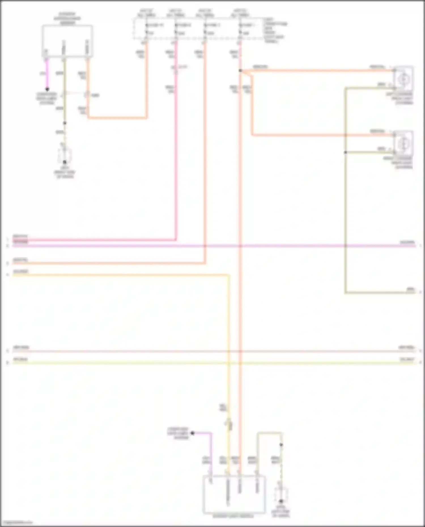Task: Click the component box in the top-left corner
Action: [67, 41]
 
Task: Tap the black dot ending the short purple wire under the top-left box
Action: [47, 89]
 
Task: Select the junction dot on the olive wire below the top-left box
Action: [65, 123]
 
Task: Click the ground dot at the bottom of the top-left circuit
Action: [65, 162]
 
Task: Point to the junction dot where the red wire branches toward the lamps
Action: [240, 71]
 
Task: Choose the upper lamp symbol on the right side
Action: [403, 78]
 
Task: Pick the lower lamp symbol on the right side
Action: [403, 143]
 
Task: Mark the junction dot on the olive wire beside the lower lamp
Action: [345, 152]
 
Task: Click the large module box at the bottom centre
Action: [234, 494]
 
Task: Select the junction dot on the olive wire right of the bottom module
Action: [281, 445]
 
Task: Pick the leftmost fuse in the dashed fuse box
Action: [146, 29]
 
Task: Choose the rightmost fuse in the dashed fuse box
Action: [240, 29]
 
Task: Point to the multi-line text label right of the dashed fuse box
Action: [275, 30]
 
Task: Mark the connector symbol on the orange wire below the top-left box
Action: [88, 95]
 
